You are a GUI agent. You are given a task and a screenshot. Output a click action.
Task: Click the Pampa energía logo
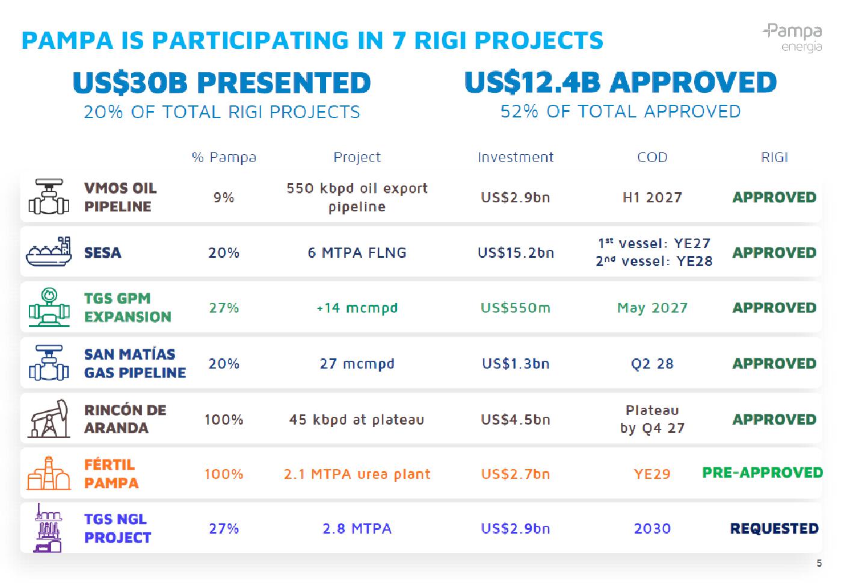click(x=793, y=38)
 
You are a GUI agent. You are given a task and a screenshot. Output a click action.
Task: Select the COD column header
click(x=652, y=157)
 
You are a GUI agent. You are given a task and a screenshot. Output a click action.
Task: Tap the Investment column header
click(x=516, y=157)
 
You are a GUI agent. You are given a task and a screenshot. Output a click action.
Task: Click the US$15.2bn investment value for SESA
click(x=516, y=252)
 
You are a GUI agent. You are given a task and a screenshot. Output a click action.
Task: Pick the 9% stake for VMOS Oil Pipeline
click(x=224, y=198)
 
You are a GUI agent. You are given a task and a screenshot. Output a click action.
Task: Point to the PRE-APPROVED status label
click(x=762, y=473)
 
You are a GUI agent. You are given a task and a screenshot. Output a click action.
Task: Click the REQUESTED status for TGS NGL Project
click(x=774, y=529)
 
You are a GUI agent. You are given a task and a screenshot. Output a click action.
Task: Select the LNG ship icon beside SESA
click(x=49, y=252)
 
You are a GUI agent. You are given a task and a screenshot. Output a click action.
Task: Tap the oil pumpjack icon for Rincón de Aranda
click(x=49, y=419)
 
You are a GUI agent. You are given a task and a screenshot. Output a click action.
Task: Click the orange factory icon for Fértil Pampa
click(x=49, y=473)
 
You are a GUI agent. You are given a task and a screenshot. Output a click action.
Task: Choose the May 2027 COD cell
click(x=652, y=308)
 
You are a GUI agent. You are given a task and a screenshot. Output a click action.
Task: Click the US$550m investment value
click(x=516, y=308)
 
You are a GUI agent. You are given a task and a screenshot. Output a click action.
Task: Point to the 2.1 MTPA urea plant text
click(x=357, y=474)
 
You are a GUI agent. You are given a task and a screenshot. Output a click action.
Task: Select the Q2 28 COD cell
click(x=652, y=364)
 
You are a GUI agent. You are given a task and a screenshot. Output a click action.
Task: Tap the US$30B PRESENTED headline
click(x=222, y=83)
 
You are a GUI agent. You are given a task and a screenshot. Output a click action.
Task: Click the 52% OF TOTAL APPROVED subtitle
click(x=620, y=111)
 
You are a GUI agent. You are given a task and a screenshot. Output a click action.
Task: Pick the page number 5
click(x=819, y=563)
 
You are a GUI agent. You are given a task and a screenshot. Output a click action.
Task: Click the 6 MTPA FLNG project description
click(x=357, y=252)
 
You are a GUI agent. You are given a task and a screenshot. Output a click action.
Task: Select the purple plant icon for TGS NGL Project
click(x=48, y=528)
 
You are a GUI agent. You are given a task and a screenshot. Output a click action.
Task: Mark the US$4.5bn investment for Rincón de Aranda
click(x=516, y=420)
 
